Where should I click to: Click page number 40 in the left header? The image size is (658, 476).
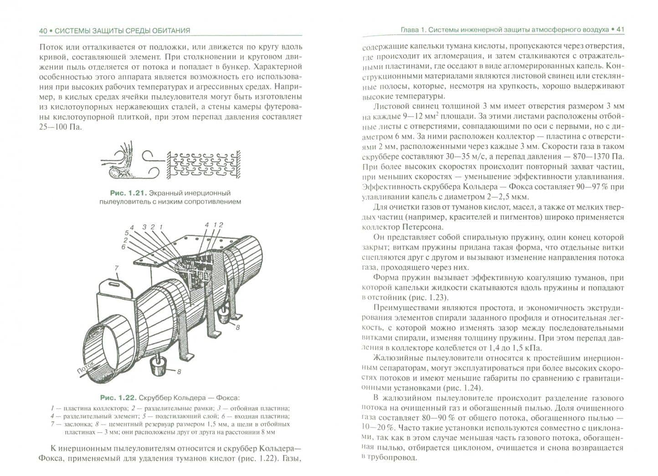43,31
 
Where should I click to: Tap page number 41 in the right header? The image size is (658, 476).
620,30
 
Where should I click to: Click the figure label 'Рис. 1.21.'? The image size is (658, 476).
129,193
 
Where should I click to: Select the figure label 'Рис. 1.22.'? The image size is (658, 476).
118,398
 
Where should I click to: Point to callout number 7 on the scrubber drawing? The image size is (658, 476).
116,268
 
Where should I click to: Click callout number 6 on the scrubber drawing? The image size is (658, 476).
123,247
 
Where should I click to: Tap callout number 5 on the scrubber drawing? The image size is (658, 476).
127,233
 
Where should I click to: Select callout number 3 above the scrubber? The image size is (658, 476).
144,227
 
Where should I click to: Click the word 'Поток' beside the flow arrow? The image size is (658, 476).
86,368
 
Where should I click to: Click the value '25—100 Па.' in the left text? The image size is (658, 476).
60,127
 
